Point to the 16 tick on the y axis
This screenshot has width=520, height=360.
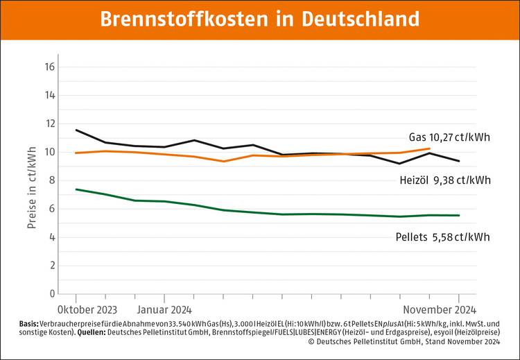[x=50, y=67]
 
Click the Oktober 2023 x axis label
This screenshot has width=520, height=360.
[x=87, y=309]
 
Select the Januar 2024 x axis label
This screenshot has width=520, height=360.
[x=164, y=309]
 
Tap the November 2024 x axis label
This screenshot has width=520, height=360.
[x=440, y=309]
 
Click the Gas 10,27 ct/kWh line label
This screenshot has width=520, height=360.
[x=449, y=137]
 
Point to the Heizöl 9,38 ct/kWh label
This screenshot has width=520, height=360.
[x=444, y=180]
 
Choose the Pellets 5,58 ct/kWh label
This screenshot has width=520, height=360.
[x=442, y=237]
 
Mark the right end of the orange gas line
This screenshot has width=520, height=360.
[x=430, y=148]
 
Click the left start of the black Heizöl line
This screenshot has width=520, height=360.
[x=76, y=130]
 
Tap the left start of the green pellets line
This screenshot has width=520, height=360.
[x=76, y=189]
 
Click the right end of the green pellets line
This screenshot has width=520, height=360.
[x=458, y=215]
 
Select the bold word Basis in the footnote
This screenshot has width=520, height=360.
[x=29, y=324]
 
